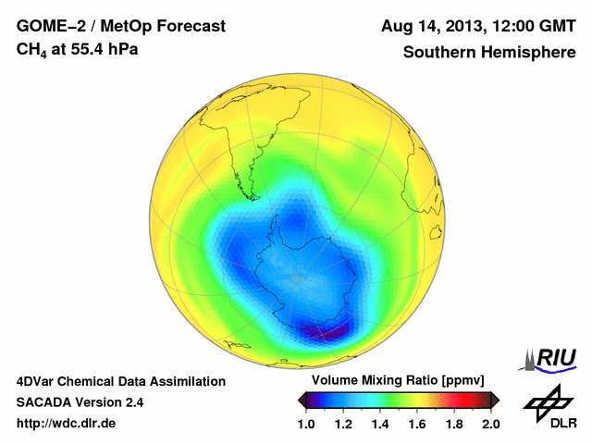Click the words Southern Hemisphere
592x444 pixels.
(x=489, y=52)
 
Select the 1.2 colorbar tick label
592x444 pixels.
(x=343, y=424)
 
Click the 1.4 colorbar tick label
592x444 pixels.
(x=380, y=424)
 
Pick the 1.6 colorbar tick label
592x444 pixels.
(x=417, y=424)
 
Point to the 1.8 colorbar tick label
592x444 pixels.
(x=454, y=424)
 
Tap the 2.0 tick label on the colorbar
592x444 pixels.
(x=490, y=424)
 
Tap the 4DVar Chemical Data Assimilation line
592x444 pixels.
(x=120, y=381)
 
